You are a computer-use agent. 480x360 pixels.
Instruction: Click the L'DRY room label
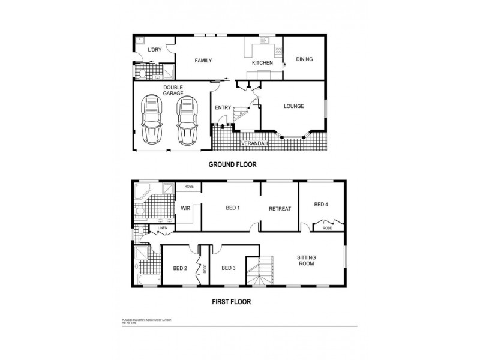155,50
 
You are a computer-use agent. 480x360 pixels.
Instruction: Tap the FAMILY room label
203,61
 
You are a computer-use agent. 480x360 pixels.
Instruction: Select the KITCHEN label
262,63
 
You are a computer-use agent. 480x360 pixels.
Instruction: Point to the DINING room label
305,59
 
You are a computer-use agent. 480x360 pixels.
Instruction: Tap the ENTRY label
223,108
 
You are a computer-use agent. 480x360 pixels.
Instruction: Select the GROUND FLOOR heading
232,164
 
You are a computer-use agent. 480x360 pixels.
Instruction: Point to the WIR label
185,208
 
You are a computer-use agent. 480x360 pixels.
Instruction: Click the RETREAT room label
280,209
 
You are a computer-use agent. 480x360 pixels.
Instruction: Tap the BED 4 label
321,205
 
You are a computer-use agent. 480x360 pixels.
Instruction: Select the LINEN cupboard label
162,228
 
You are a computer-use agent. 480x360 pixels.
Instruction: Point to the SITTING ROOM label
307,261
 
